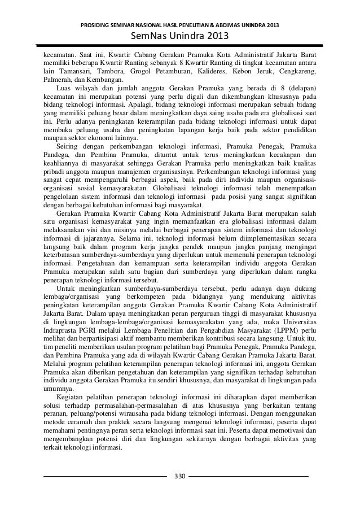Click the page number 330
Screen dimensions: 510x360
tap(180, 476)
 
